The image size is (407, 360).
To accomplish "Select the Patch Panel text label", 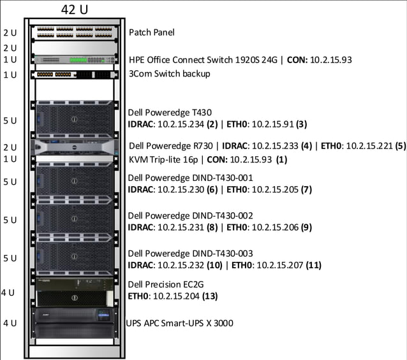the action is click(x=151, y=32).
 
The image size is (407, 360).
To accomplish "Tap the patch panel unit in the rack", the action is click(x=74, y=32).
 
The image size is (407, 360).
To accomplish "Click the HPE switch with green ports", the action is click(x=74, y=60).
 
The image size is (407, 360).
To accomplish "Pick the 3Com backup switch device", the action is click(x=74, y=75).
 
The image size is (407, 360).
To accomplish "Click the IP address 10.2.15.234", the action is click(x=181, y=124).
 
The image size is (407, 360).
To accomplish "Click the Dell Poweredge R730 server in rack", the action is click(x=75, y=146).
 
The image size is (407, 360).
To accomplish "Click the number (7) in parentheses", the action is click(x=306, y=189).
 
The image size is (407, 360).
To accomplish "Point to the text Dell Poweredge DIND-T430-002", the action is click(x=190, y=215).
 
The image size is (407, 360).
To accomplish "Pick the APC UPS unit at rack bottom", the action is click(x=75, y=322).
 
